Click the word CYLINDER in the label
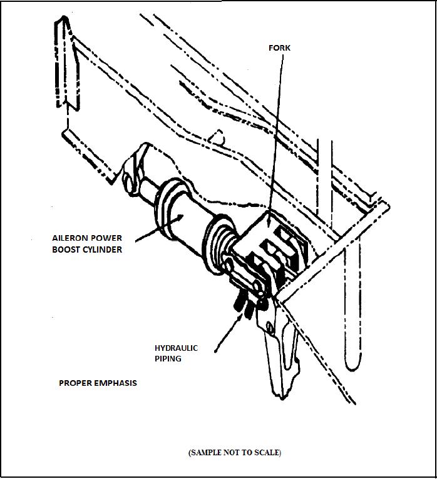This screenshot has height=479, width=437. pyautogui.click(x=101, y=250)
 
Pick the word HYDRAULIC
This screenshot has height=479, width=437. pyautogui.click(x=176, y=348)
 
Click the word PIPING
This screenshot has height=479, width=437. pyautogui.click(x=167, y=359)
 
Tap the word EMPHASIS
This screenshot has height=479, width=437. pyautogui.click(x=116, y=383)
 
